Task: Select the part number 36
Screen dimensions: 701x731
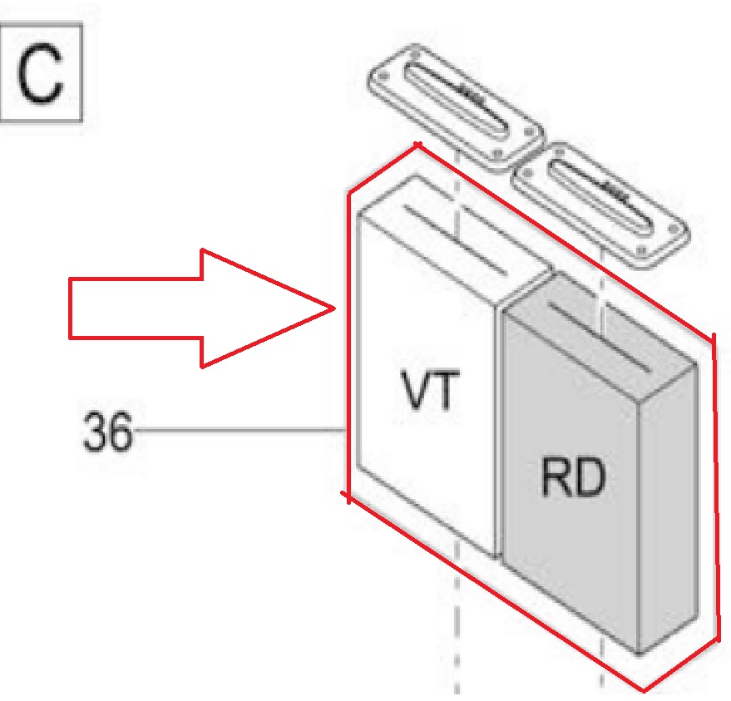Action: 107,432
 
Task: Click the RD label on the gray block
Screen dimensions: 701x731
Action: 571,481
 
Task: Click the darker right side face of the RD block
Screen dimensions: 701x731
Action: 665,507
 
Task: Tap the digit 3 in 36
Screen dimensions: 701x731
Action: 95,432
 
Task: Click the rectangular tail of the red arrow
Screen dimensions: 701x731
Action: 133,308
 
